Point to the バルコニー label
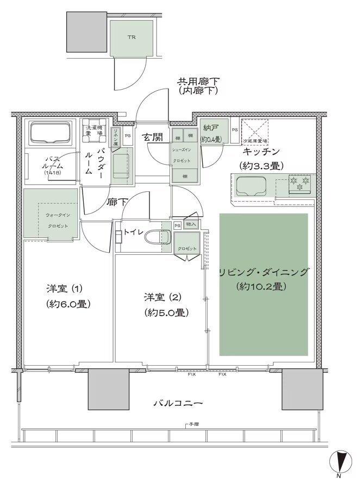(178, 403)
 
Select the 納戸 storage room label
(211, 129)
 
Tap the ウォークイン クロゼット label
(53, 220)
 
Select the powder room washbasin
(123, 162)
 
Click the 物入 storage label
(191, 224)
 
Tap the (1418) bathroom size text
(52, 173)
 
